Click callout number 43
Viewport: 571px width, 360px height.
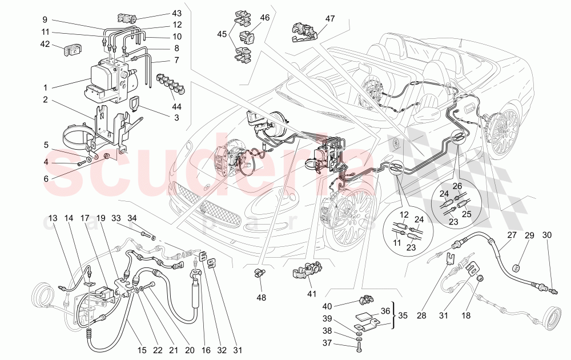176,14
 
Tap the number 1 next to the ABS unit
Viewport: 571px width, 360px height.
45,89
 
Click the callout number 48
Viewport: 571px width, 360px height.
260,297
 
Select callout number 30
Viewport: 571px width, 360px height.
547,235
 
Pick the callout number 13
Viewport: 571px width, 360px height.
53,218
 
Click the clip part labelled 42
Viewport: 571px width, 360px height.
72,50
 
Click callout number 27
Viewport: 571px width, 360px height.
511,235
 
